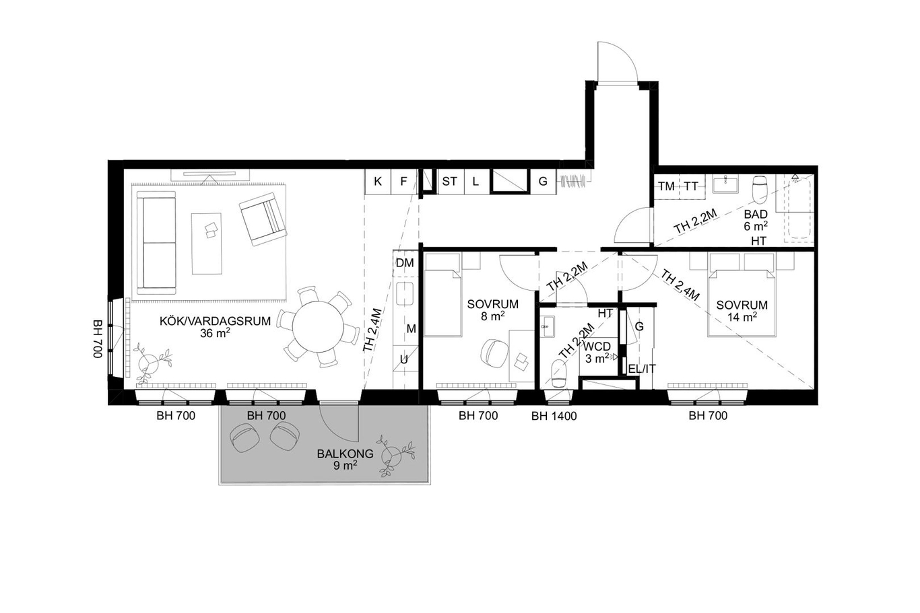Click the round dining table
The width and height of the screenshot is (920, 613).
coord(319,326)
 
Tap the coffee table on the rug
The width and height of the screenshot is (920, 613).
coord(207,244)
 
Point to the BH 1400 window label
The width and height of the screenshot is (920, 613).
coord(554,417)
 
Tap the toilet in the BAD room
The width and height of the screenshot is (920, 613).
coord(760,190)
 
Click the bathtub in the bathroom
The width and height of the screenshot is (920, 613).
coord(799,209)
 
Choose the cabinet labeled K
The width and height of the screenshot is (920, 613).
coord(377,182)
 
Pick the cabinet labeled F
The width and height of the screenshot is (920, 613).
coord(403,182)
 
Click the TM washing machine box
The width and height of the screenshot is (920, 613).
coord(667,186)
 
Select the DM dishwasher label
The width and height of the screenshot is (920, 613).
coord(405,263)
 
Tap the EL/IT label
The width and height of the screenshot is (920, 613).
coord(642,369)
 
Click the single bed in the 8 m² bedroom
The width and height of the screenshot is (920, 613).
coord(442,295)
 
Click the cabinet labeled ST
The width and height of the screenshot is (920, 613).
coord(450,182)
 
